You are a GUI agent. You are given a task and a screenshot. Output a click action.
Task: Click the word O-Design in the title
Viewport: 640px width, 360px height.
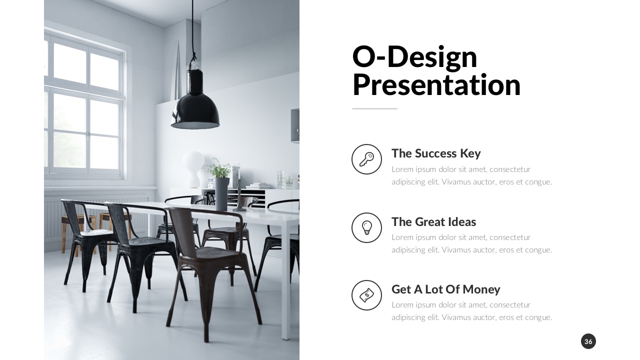point(414,56)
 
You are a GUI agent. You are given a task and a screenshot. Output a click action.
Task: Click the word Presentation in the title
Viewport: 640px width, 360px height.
point(436,85)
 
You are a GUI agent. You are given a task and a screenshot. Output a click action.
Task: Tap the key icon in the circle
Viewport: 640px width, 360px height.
point(366,159)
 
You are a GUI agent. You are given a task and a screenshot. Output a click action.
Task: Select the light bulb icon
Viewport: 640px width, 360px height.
point(366,227)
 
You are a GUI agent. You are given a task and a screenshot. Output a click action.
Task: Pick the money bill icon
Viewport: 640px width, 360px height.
point(366,295)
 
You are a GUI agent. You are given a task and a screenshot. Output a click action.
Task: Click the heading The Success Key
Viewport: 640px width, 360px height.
point(435,153)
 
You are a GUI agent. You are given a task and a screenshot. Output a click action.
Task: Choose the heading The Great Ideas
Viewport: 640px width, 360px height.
point(433,221)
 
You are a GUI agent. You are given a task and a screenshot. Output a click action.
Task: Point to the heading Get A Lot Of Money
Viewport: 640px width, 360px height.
point(445,289)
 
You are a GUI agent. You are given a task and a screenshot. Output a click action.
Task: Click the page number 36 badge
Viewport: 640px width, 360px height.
point(588,341)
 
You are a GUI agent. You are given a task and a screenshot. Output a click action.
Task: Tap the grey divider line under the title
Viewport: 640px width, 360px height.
point(374,108)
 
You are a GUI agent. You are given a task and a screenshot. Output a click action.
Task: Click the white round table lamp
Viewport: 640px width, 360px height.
point(193,165)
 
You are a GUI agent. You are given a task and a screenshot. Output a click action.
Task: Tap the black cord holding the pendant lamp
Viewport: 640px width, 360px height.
point(192,30)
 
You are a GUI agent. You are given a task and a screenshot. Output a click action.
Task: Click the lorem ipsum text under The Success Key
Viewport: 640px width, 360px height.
point(471,175)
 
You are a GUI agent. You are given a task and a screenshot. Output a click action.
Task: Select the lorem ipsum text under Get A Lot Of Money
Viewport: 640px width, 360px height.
point(471,311)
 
